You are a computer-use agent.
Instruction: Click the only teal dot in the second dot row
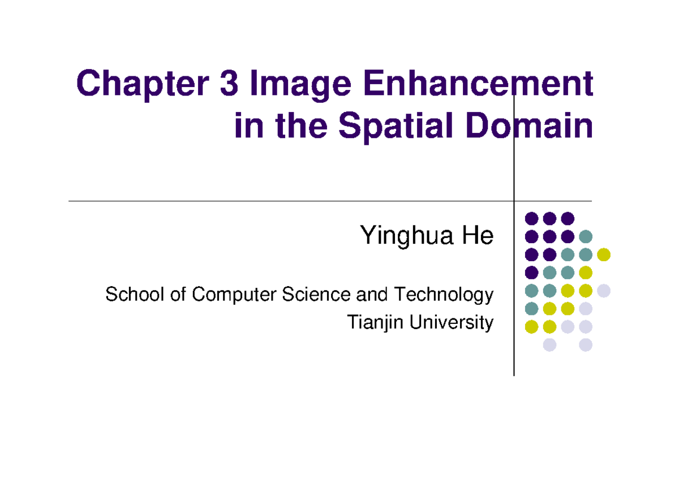[586, 236]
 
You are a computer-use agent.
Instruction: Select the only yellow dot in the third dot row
[604, 254]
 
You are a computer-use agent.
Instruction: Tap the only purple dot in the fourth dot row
[531, 273]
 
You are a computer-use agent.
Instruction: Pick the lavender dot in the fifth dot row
[604, 291]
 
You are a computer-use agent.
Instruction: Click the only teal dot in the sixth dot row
[531, 309]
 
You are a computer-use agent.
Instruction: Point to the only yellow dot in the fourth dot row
[586, 273]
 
